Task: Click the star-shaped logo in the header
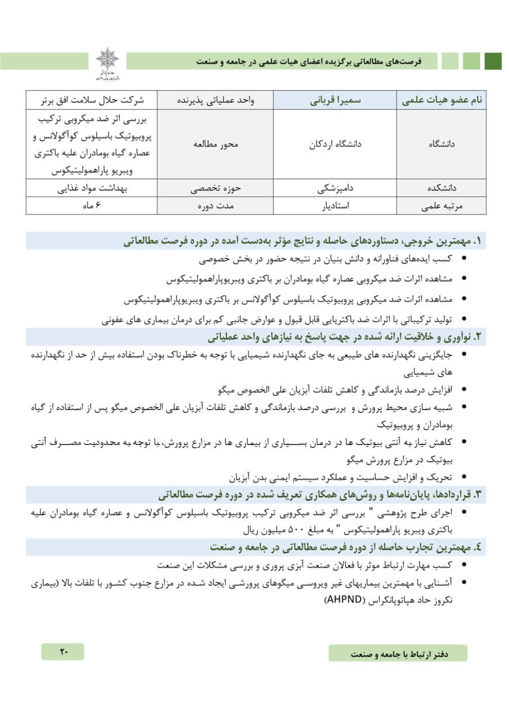click(x=107, y=59)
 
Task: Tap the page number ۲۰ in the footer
click(x=62, y=652)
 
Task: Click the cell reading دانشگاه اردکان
click(x=336, y=144)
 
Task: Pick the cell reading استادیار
click(x=336, y=206)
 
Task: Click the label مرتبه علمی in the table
click(x=442, y=206)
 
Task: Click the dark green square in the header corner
click(x=493, y=61)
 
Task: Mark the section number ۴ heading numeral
click(x=479, y=546)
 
